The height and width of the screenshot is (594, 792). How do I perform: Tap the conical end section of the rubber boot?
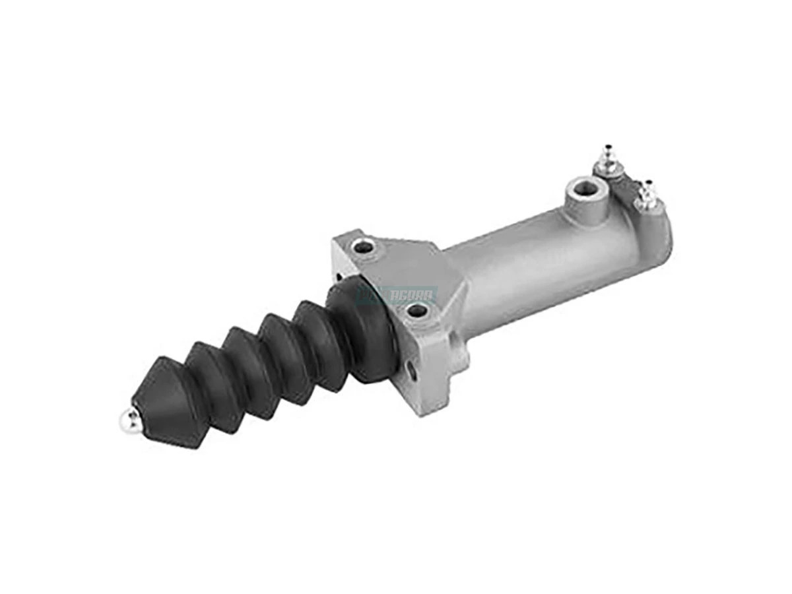tap(162, 396)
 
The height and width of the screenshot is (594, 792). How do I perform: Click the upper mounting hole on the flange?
tap(362, 247)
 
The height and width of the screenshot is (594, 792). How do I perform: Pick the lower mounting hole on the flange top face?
tap(416, 309)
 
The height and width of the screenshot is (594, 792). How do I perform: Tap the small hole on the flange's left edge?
tap(338, 277)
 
